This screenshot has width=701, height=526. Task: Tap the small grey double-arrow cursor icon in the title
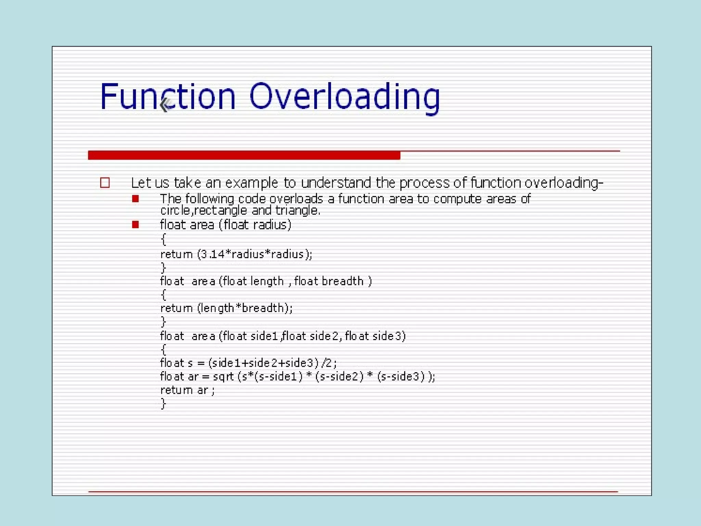(x=166, y=105)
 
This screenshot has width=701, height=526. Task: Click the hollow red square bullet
(x=105, y=183)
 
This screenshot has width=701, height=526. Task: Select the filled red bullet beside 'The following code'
(x=136, y=199)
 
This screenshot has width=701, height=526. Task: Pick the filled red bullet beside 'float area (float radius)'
(x=136, y=225)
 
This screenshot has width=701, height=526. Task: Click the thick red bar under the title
(x=244, y=155)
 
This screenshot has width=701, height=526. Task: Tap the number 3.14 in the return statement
(x=213, y=254)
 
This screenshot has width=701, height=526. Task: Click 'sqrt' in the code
(x=223, y=377)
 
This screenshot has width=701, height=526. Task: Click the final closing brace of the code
(x=163, y=404)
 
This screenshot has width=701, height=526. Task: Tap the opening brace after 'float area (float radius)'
(x=163, y=239)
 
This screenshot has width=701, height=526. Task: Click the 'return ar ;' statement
(x=187, y=390)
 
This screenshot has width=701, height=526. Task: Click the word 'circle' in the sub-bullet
(x=175, y=210)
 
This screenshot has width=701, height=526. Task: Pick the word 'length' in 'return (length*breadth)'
(x=218, y=308)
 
